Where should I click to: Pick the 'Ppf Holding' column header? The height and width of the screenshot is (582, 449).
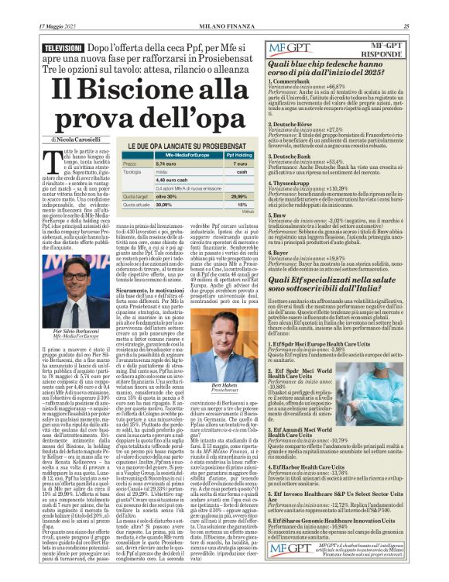(x=240, y=154)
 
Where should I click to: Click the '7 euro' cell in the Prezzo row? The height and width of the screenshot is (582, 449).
(x=240, y=164)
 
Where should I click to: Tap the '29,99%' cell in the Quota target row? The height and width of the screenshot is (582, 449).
(x=240, y=196)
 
